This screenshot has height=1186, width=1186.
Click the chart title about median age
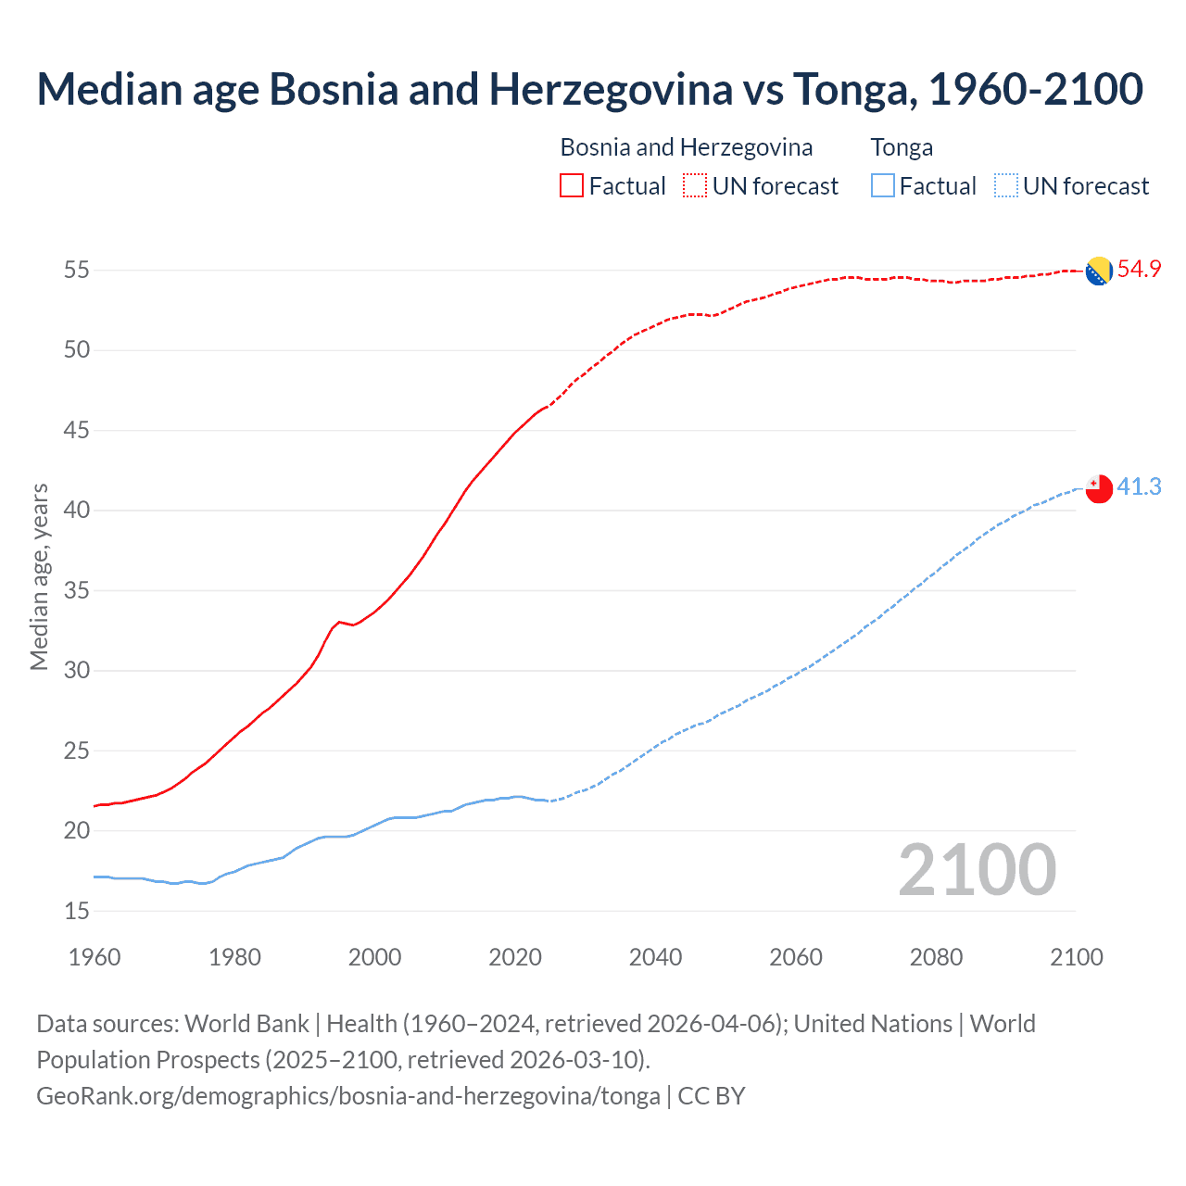tap(590, 89)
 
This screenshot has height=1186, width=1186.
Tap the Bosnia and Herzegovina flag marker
tap(1099, 271)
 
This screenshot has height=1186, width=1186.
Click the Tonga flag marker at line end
tap(1099, 488)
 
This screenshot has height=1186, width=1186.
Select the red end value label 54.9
tap(1139, 270)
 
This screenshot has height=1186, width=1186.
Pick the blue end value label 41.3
tap(1139, 487)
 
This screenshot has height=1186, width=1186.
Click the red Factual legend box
tap(572, 186)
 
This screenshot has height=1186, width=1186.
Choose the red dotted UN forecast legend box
tap(695, 186)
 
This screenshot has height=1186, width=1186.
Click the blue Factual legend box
tap(883, 186)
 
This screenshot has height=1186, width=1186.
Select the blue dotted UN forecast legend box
tap(1005, 186)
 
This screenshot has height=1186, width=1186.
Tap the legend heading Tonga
tap(902, 147)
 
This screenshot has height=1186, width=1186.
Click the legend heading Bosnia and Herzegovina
tap(687, 147)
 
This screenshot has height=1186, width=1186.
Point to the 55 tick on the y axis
tap(77, 271)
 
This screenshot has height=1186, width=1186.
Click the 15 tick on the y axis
tap(77, 911)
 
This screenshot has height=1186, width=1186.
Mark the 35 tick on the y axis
tap(77, 590)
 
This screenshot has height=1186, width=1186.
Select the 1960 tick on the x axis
tap(95, 957)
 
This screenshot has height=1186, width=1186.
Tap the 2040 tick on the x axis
tap(655, 957)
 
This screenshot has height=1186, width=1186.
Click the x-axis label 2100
tap(1077, 957)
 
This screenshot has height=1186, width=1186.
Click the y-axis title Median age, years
tap(39, 576)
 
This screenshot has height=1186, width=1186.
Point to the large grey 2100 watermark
tap(978, 869)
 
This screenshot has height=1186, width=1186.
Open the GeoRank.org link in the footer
tap(348, 1096)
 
